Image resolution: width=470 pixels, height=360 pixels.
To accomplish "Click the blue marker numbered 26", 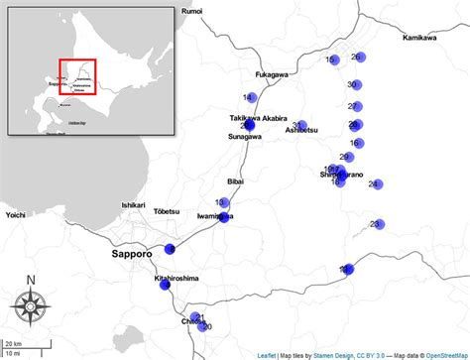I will click(360, 58).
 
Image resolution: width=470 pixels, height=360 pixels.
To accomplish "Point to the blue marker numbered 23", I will click(377, 224).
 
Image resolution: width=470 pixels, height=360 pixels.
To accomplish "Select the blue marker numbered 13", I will click(222, 203).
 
